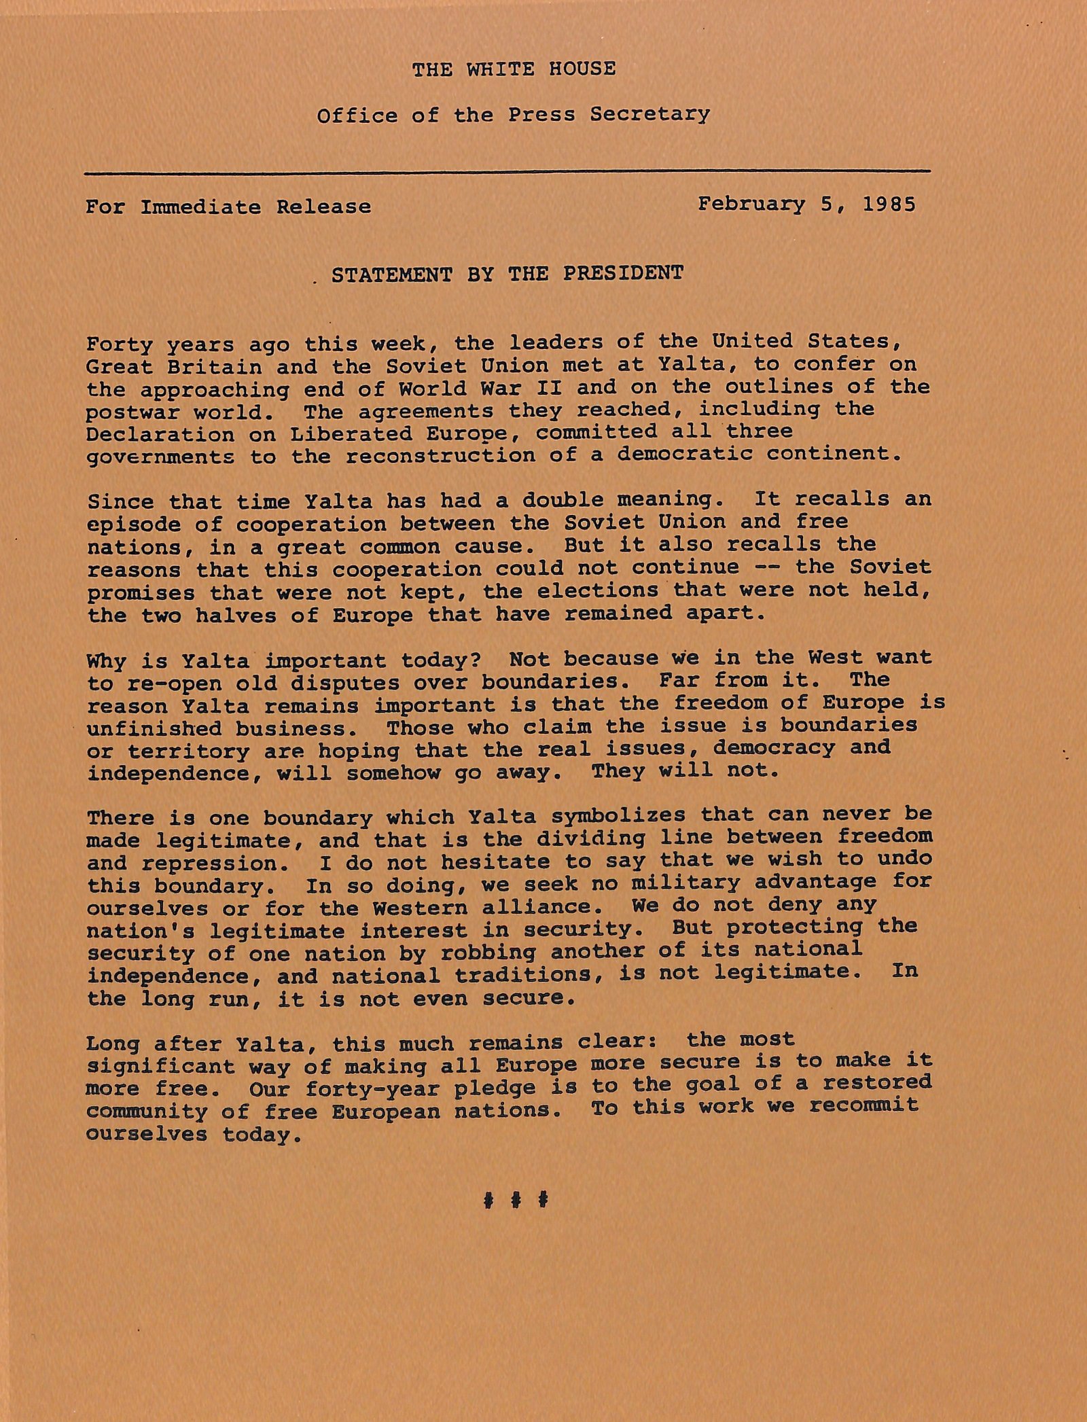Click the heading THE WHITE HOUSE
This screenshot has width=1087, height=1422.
[x=514, y=69]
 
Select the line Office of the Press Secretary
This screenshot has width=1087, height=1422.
[x=513, y=114]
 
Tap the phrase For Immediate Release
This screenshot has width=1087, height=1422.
[x=228, y=207]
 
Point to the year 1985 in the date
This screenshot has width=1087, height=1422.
[x=889, y=205]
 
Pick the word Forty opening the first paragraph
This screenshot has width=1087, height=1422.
[x=120, y=344]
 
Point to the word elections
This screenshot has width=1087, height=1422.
[x=597, y=590]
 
